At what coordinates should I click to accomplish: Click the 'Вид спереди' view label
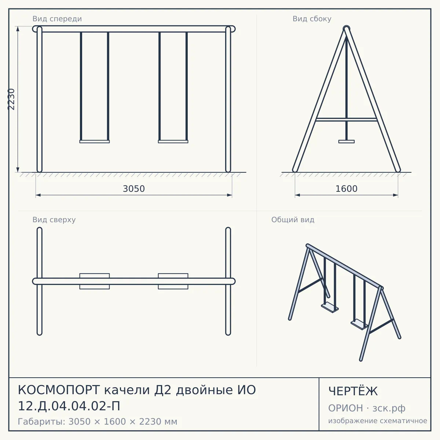tap(57, 19)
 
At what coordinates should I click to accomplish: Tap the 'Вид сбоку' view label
tap(312, 19)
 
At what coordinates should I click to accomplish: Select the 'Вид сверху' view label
tap(54, 220)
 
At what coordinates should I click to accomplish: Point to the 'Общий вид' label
tap(293, 220)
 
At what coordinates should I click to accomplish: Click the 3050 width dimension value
tap(134, 189)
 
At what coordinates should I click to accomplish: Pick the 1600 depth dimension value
tap(346, 189)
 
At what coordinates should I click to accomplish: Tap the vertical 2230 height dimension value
tap(11, 99)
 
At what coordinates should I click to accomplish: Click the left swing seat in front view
tap(95, 142)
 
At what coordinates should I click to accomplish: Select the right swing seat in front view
tap(173, 142)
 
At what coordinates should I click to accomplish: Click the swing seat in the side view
tap(346, 142)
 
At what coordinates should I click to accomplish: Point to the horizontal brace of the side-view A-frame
tap(346, 120)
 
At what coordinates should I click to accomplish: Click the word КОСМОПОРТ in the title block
tap(59, 390)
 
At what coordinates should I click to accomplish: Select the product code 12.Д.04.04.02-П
tap(69, 406)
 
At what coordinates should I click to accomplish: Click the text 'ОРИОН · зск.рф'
tap(367, 408)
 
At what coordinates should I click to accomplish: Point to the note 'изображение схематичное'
tap(378, 421)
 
